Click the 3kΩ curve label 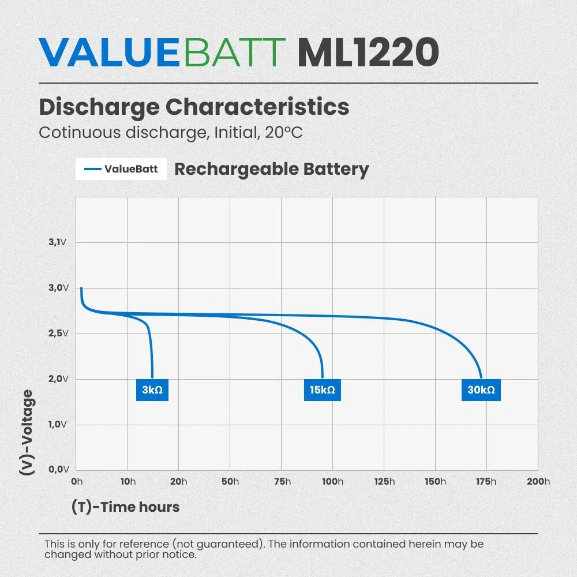(x=152, y=389)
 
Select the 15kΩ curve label (x=323, y=389)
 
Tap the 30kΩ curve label (x=481, y=389)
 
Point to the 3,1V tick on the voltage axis (x=57, y=242)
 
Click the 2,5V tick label (x=58, y=334)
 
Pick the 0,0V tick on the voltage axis (x=58, y=469)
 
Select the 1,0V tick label (x=57, y=424)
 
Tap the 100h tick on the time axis (x=333, y=481)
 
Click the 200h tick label (x=538, y=481)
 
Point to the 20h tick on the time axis (x=178, y=481)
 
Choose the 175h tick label (x=486, y=481)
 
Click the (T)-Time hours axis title (x=125, y=507)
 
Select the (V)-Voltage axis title (x=27, y=432)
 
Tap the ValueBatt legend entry (x=121, y=169)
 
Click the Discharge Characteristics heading (x=194, y=107)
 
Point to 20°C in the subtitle (x=283, y=133)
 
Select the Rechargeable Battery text (x=272, y=169)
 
